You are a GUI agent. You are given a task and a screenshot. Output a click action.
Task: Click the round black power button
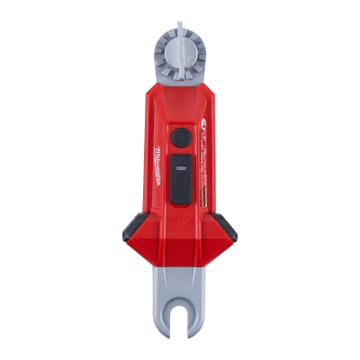point(181,136)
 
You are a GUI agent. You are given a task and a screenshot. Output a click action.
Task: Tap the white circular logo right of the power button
point(205,135)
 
